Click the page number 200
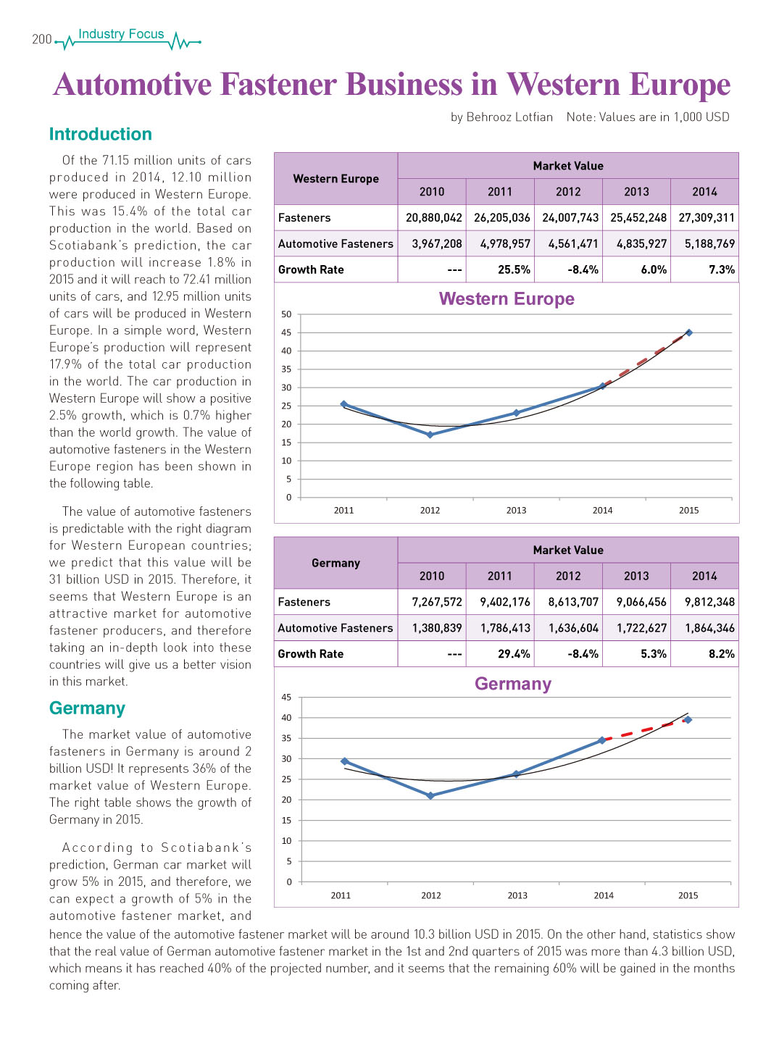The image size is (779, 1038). [41, 39]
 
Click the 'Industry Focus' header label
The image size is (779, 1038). [121, 34]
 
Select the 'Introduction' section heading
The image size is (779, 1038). [101, 134]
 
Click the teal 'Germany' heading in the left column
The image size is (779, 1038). [87, 708]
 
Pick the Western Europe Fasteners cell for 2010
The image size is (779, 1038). [434, 217]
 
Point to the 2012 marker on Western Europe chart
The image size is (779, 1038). [430, 435]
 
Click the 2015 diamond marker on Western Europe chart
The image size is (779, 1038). [689, 332]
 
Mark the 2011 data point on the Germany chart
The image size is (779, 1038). [344, 761]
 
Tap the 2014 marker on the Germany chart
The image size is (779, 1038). [601, 740]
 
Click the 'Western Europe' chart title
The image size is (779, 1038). [507, 299]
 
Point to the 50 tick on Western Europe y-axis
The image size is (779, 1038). [286, 314]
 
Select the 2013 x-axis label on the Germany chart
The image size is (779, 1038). [517, 895]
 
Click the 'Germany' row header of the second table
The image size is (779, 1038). [336, 564]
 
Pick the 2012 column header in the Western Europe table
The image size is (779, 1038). [568, 191]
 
